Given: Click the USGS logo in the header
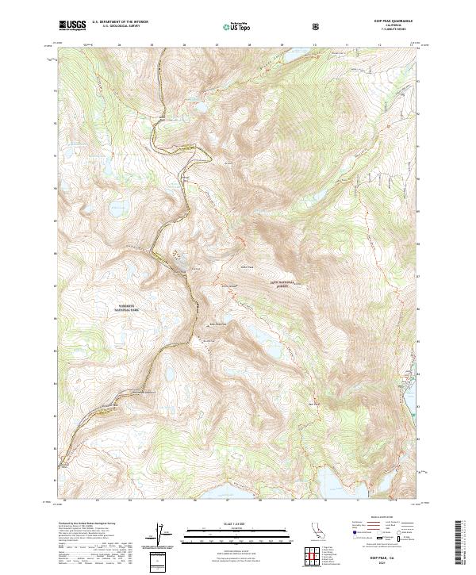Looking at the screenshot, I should click(x=72, y=25).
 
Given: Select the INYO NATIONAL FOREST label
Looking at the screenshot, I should click(x=282, y=283).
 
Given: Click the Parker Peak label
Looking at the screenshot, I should click(x=245, y=267).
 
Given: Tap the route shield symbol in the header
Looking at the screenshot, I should click(x=317, y=26).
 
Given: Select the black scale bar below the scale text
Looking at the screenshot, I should click(x=237, y=529).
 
